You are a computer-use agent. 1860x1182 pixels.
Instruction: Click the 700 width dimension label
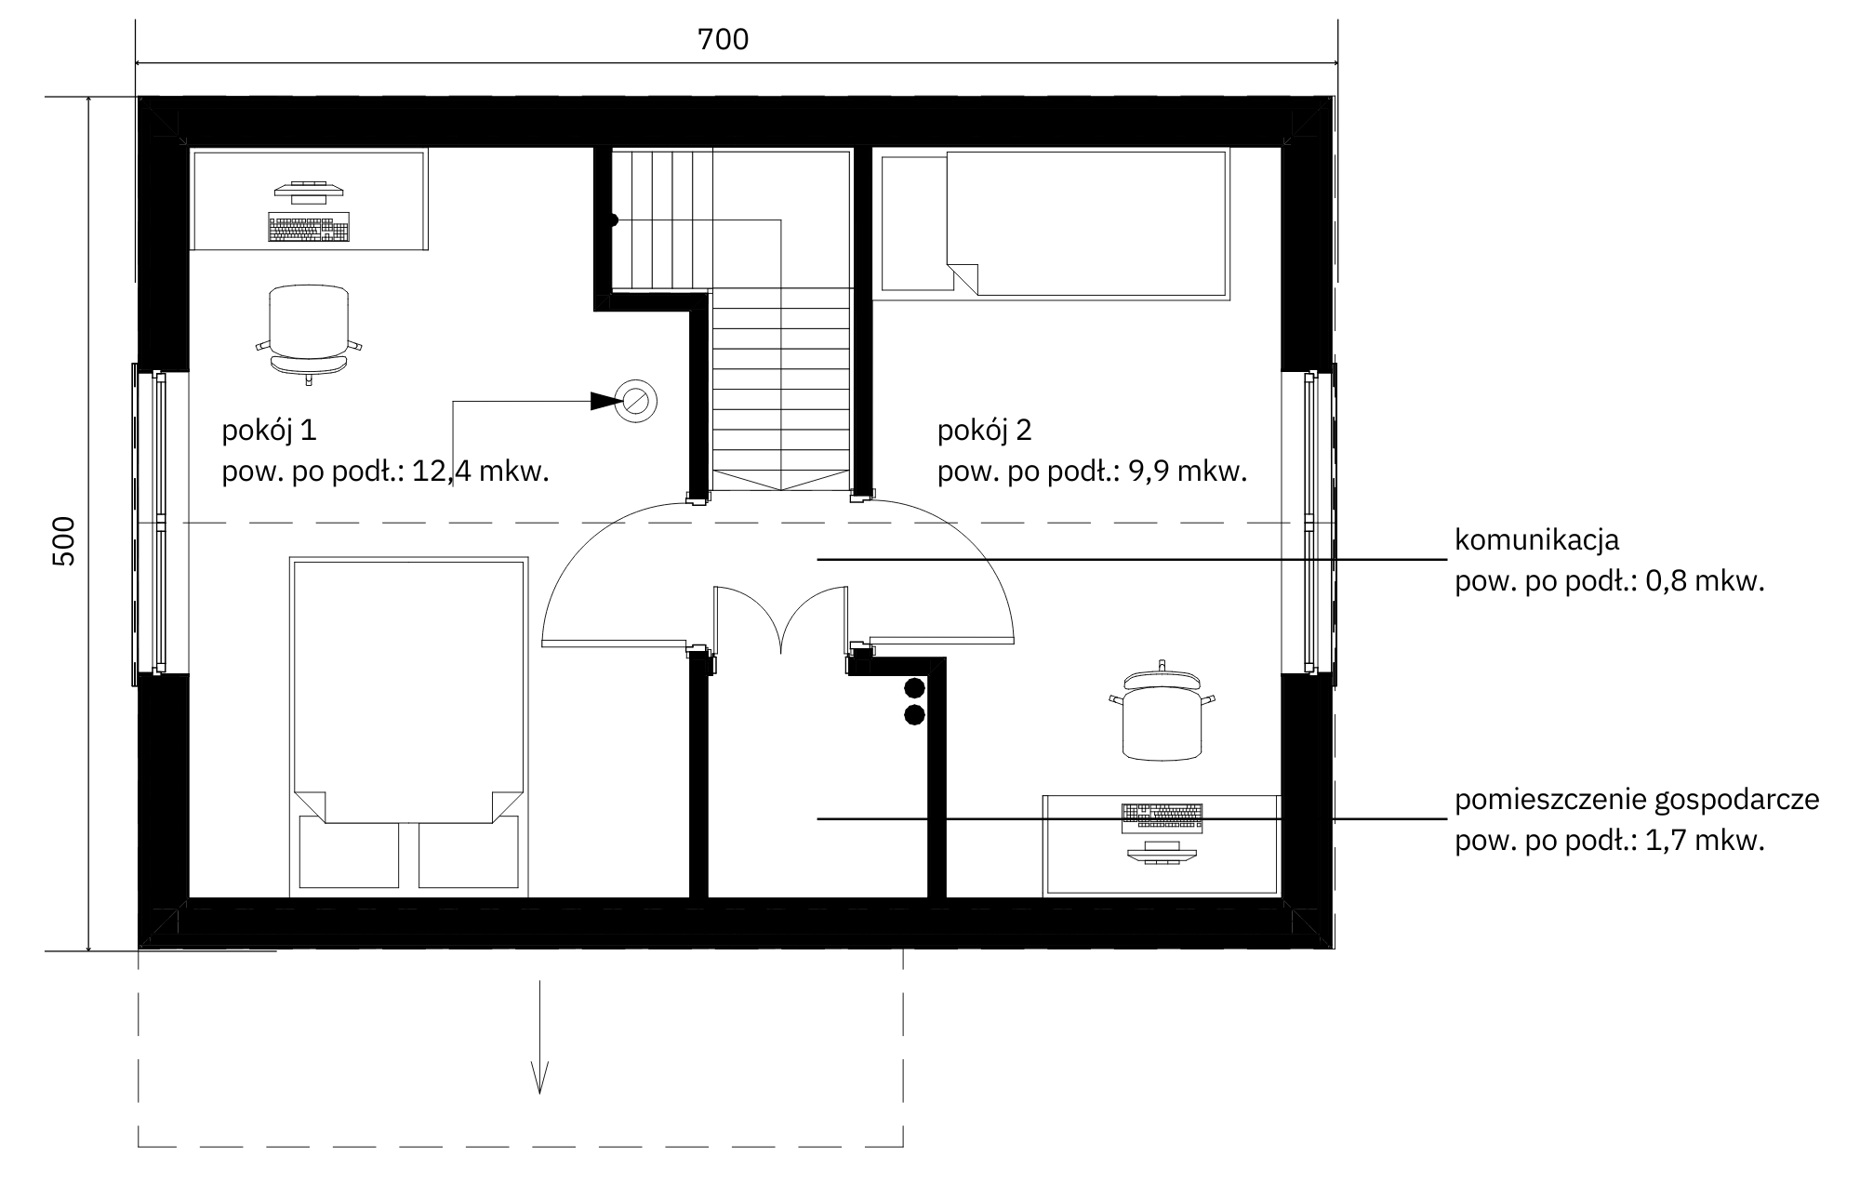point(723,39)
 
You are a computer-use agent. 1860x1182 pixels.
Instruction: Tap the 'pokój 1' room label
point(269,431)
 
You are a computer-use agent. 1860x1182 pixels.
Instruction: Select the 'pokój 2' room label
point(985,431)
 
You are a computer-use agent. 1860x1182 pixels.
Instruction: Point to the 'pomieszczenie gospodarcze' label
point(1637,801)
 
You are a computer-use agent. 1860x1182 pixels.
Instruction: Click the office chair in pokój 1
point(309,333)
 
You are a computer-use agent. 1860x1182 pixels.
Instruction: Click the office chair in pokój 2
point(1162,711)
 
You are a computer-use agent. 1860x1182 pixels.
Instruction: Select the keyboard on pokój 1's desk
point(309,227)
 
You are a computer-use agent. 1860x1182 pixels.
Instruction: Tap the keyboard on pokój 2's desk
point(1162,817)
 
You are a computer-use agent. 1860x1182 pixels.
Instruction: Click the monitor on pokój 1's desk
point(309,193)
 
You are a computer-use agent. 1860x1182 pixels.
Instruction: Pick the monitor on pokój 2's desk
point(1162,852)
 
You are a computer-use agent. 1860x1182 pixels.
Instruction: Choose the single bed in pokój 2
point(1055,224)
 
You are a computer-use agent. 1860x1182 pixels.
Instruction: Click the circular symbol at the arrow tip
point(637,401)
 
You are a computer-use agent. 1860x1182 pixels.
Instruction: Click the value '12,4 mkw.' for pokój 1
point(481,471)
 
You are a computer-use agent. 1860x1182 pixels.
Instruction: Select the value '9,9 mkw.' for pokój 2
point(1187,471)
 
